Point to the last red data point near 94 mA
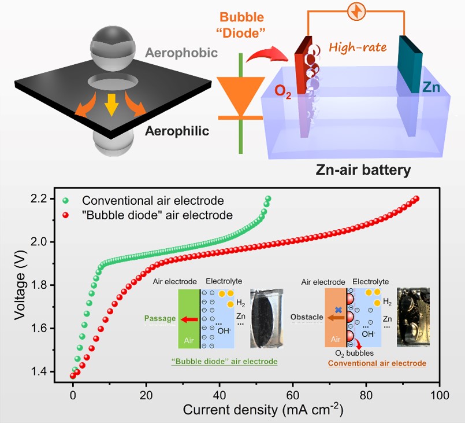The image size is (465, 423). [416, 199]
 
